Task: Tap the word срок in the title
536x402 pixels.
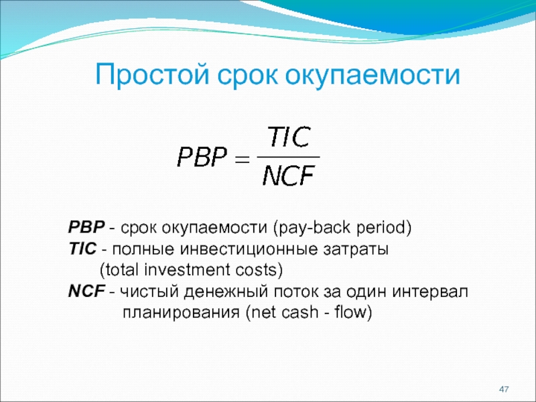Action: click(247, 76)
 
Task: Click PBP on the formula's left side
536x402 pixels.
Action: click(202, 157)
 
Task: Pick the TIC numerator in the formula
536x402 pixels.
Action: click(289, 137)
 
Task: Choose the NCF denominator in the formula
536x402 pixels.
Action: click(289, 176)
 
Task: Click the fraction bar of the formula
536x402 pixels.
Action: click(288, 157)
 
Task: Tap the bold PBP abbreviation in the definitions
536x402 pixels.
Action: click(86, 227)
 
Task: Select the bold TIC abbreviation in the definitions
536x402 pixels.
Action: click(82, 249)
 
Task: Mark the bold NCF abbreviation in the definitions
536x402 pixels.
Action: click(86, 291)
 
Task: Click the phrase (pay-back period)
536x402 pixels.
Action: click(342, 228)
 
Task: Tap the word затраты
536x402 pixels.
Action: click(356, 250)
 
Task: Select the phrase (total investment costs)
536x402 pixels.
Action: click(192, 270)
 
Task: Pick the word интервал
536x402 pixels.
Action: click(430, 291)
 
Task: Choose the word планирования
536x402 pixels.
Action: click(181, 313)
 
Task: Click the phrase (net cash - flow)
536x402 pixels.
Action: click(309, 313)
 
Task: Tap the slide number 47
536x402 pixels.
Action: click(504, 389)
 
